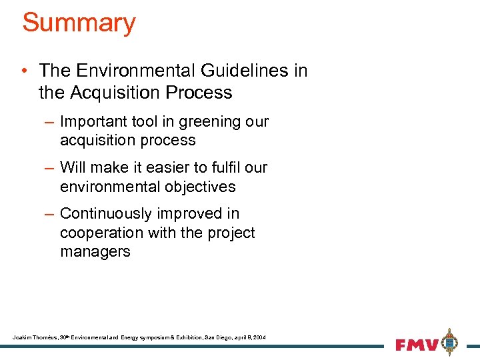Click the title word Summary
(79, 22)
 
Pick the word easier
(168, 167)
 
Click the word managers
(95, 251)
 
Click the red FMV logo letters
(417, 345)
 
